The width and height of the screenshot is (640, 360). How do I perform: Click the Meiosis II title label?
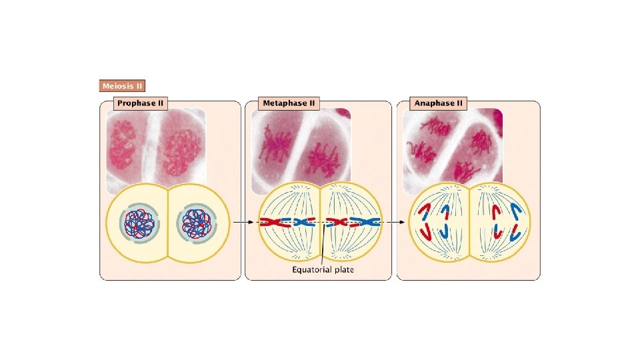[x=122, y=86]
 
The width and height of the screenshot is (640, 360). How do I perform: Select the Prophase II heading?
[x=140, y=103]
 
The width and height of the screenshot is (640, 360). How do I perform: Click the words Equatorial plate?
[x=323, y=269]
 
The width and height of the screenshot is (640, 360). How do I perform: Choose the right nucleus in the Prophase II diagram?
[x=196, y=222]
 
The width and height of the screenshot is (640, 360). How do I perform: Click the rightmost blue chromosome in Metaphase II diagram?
[x=366, y=222]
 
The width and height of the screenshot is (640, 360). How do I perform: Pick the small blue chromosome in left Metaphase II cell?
[x=303, y=222]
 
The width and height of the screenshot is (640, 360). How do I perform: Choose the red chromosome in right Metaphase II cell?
[x=337, y=222]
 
